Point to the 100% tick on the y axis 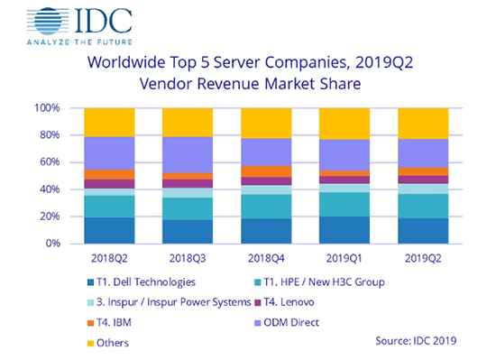[x=47, y=108]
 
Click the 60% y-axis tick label [x=49, y=162]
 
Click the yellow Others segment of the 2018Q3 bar [x=188, y=122]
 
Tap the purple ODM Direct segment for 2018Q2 [x=109, y=152]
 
